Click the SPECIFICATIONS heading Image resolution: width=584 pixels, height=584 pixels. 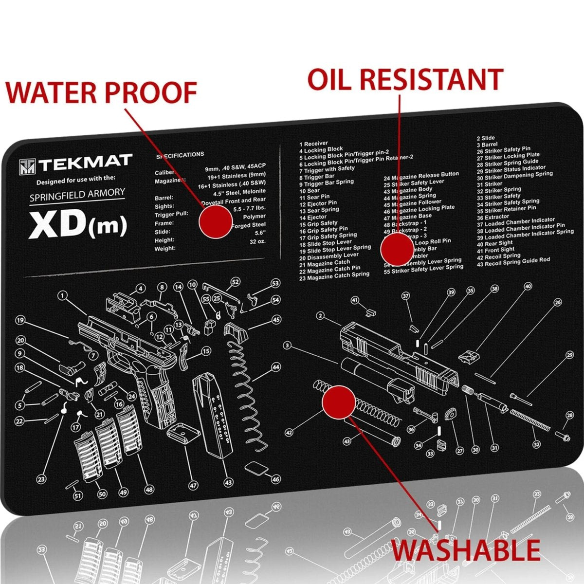(x=180, y=155)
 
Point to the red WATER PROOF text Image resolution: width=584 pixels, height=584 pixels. (x=101, y=92)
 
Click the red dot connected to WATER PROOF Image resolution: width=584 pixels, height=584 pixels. (x=216, y=221)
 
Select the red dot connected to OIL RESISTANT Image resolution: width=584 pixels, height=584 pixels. (x=397, y=248)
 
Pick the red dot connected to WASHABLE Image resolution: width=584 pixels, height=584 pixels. (x=339, y=402)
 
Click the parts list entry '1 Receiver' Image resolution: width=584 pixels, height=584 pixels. (x=314, y=144)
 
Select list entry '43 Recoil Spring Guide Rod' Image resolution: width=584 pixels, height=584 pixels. (x=513, y=262)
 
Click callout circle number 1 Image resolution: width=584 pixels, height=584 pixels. (x=61, y=295)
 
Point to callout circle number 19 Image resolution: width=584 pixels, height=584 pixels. (x=20, y=320)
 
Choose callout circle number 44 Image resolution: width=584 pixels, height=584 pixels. (x=276, y=367)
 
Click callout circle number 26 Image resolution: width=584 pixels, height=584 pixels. (x=557, y=302)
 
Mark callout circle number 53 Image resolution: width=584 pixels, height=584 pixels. (x=275, y=283)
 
